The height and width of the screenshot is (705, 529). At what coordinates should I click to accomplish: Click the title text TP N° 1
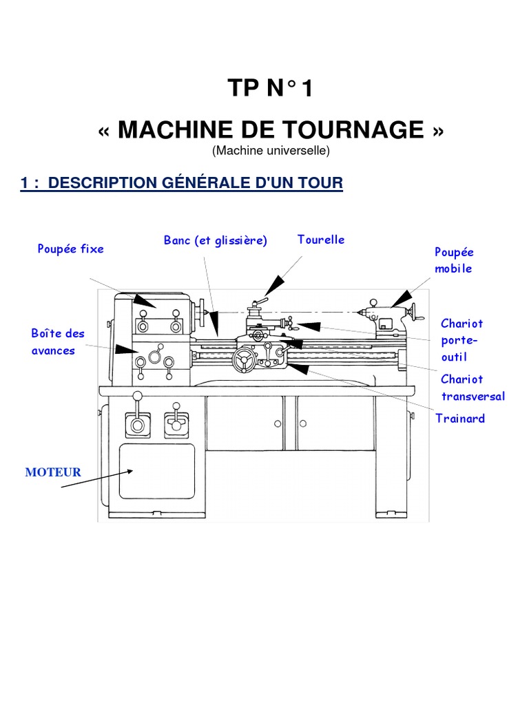pos(264,89)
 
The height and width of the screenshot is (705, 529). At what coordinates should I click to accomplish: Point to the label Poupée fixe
pos(70,249)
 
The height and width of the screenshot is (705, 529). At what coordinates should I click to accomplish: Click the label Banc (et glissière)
pos(215,240)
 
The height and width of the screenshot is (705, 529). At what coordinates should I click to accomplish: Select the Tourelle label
pos(321,240)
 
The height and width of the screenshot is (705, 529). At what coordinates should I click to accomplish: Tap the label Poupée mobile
pos(454,260)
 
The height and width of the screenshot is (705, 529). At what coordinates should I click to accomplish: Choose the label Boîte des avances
pos(57,342)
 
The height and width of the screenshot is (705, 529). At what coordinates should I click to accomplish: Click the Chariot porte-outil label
pos(461,340)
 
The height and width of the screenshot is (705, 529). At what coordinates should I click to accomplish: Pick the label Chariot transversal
pos(473,388)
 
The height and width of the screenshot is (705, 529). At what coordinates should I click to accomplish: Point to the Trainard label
pos(460,418)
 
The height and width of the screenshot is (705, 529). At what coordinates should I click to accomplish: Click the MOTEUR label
pos(53,472)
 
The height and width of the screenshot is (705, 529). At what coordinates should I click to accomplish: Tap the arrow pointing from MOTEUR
pos(96,479)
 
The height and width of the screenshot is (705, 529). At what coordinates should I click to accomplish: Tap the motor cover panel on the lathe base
pos(156,472)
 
